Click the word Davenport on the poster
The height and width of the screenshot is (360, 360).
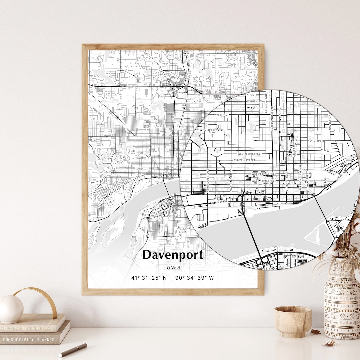pos(172,255)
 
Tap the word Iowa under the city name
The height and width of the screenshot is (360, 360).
pos(172,267)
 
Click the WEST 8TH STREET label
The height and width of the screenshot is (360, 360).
pos(250,154)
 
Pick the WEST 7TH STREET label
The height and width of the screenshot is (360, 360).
pos(243,160)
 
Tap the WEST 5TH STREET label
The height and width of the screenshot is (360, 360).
pos(264,174)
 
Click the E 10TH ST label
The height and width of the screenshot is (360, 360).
pos(317,141)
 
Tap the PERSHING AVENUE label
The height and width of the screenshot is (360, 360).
pos(300,177)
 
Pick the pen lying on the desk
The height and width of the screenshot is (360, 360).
pos(73,350)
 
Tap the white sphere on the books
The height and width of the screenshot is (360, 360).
pos(11,309)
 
